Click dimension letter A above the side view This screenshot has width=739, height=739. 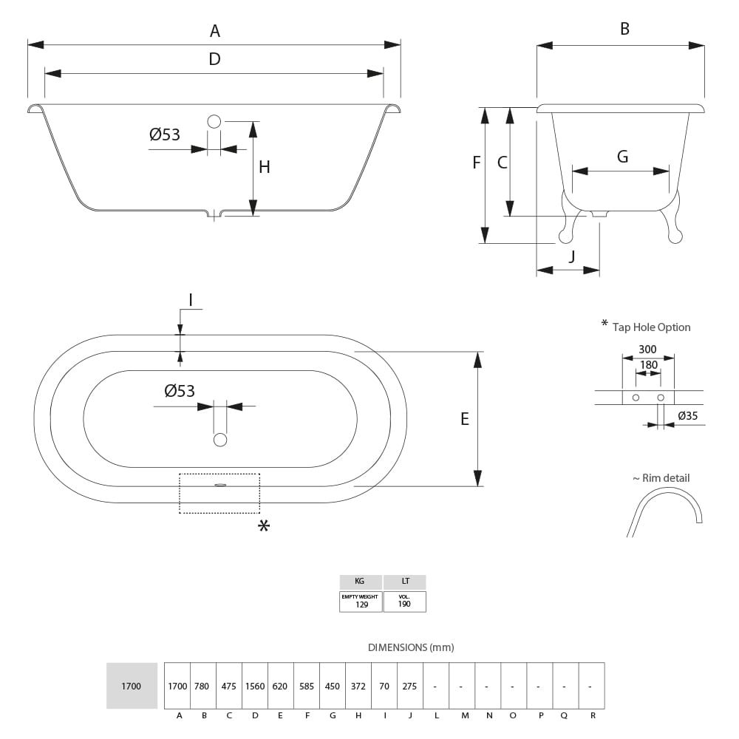tap(214, 31)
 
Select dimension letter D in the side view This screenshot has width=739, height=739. tap(214, 59)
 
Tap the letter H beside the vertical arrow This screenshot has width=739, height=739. tap(264, 167)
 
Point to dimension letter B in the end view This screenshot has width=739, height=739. tap(624, 29)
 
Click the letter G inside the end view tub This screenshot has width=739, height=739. tap(622, 157)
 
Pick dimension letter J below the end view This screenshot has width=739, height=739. tap(571, 256)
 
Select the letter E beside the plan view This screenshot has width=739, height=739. tap(465, 419)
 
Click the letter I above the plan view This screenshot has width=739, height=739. tap(190, 300)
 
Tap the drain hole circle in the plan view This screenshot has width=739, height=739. tap(219, 440)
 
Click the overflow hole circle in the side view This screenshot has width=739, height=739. tap(214, 121)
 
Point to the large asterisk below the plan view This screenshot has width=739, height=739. tap(263, 526)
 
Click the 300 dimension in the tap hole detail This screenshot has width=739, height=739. tap(647, 349)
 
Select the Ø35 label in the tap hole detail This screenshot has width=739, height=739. tap(687, 416)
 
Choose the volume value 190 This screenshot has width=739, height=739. tap(404, 605)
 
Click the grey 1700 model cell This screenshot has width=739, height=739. tap(132, 686)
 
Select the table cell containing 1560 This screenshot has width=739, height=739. tap(254, 686)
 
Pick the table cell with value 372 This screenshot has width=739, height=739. tap(358, 686)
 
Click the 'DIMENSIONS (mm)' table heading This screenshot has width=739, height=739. tap(411, 647)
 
